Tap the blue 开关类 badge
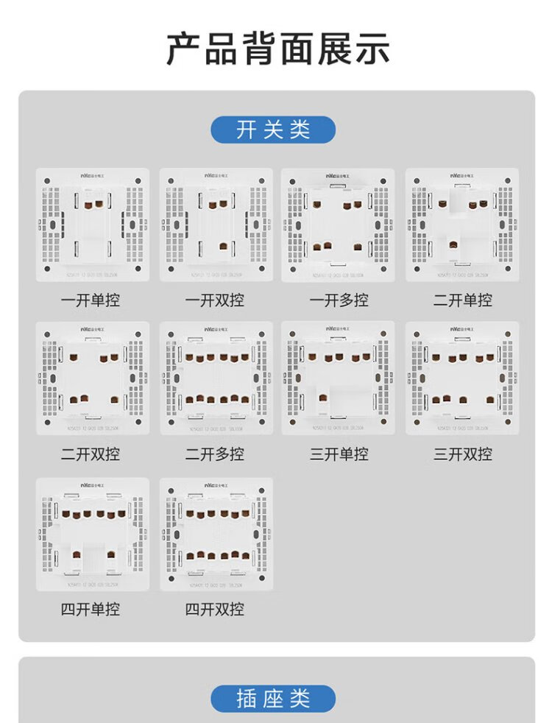pos(273,130)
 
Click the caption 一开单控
pos(91,300)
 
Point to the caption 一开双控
pos(215,300)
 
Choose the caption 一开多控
pos(339,300)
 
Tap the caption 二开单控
pos(462,300)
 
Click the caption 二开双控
pos(91,454)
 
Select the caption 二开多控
pos(215,454)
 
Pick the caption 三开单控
pos(339,454)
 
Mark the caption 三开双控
pos(462,454)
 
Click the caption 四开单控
pos(91,610)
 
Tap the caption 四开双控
pos(215,610)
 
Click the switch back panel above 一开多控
pos(338,225)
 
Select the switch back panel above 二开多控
pos(216,378)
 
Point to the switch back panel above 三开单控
pos(338,378)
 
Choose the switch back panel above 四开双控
pos(216,534)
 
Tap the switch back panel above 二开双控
pos(92,378)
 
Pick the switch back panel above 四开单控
pos(92,534)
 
